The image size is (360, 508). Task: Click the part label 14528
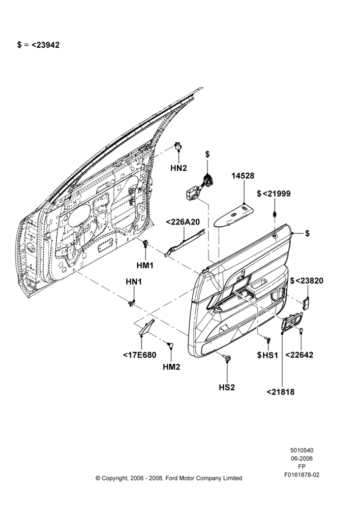click(243, 176)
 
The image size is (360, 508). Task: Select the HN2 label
click(178, 168)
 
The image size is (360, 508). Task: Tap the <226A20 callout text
click(183, 222)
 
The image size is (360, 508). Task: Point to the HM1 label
click(144, 265)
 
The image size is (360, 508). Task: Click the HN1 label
click(134, 282)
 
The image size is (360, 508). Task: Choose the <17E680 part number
click(139, 355)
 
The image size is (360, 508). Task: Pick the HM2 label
click(171, 367)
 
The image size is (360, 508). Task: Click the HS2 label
click(227, 387)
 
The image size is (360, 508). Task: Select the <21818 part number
click(281, 392)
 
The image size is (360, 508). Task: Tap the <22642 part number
click(299, 355)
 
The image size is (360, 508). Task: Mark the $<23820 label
click(307, 280)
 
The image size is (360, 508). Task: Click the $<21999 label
click(274, 194)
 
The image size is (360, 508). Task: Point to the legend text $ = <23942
click(38, 45)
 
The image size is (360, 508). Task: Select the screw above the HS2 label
click(227, 358)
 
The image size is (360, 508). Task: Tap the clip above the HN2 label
click(178, 146)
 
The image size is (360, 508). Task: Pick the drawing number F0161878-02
click(302, 475)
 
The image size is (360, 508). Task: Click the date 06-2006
click(302, 458)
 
